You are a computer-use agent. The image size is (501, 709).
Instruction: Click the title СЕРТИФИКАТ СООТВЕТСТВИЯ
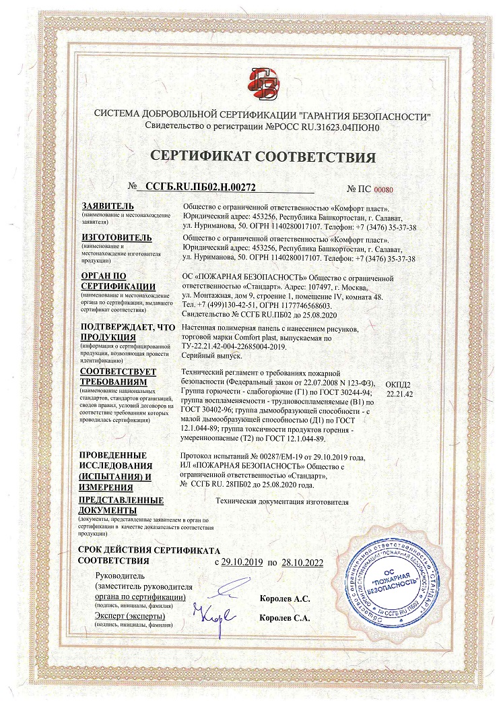pos(263,158)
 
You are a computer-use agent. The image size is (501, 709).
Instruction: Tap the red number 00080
pos(383,191)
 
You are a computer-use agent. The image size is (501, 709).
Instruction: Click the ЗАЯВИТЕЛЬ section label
pos(108,206)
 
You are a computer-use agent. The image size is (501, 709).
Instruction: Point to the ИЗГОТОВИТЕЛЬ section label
pos(116,238)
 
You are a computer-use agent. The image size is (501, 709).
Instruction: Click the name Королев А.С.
pos(285,598)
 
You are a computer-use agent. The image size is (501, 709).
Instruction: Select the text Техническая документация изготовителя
pos(282,502)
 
